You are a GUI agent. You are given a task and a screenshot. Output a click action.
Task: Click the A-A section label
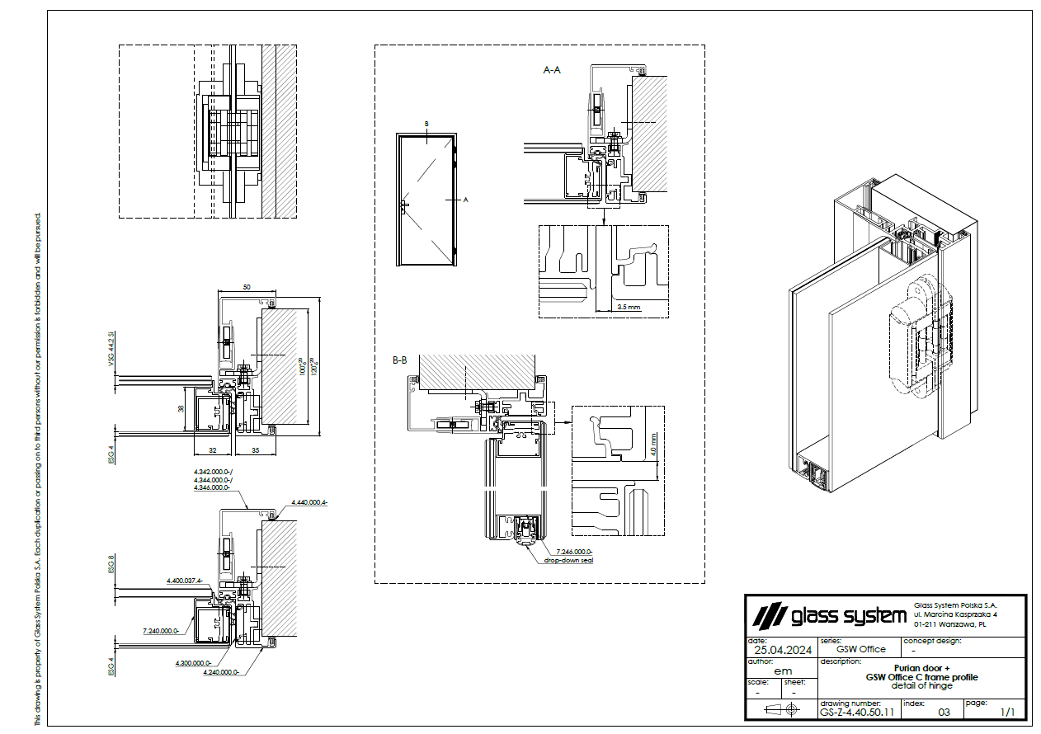pos(552,71)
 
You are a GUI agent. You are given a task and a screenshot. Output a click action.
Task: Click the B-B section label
pos(400,360)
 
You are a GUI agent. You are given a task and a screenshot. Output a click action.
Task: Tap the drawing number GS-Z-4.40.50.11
pos(857,711)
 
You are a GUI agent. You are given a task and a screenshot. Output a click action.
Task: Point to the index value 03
pos(944,711)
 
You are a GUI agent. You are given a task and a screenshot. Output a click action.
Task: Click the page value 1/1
pos(1007,711)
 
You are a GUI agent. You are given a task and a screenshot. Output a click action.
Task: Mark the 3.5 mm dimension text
pos(629,307)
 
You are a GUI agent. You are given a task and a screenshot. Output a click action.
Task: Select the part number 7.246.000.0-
pos(574,552)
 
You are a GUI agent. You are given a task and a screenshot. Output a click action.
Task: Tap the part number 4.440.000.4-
pos(309,502)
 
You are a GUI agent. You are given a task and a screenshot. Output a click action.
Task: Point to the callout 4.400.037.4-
pos(184,581)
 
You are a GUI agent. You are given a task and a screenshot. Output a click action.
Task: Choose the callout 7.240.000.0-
pos(161,631)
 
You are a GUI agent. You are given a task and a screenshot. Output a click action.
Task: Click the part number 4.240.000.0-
pos(220,672)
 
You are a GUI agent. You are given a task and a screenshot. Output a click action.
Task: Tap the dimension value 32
pos(213,450)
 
